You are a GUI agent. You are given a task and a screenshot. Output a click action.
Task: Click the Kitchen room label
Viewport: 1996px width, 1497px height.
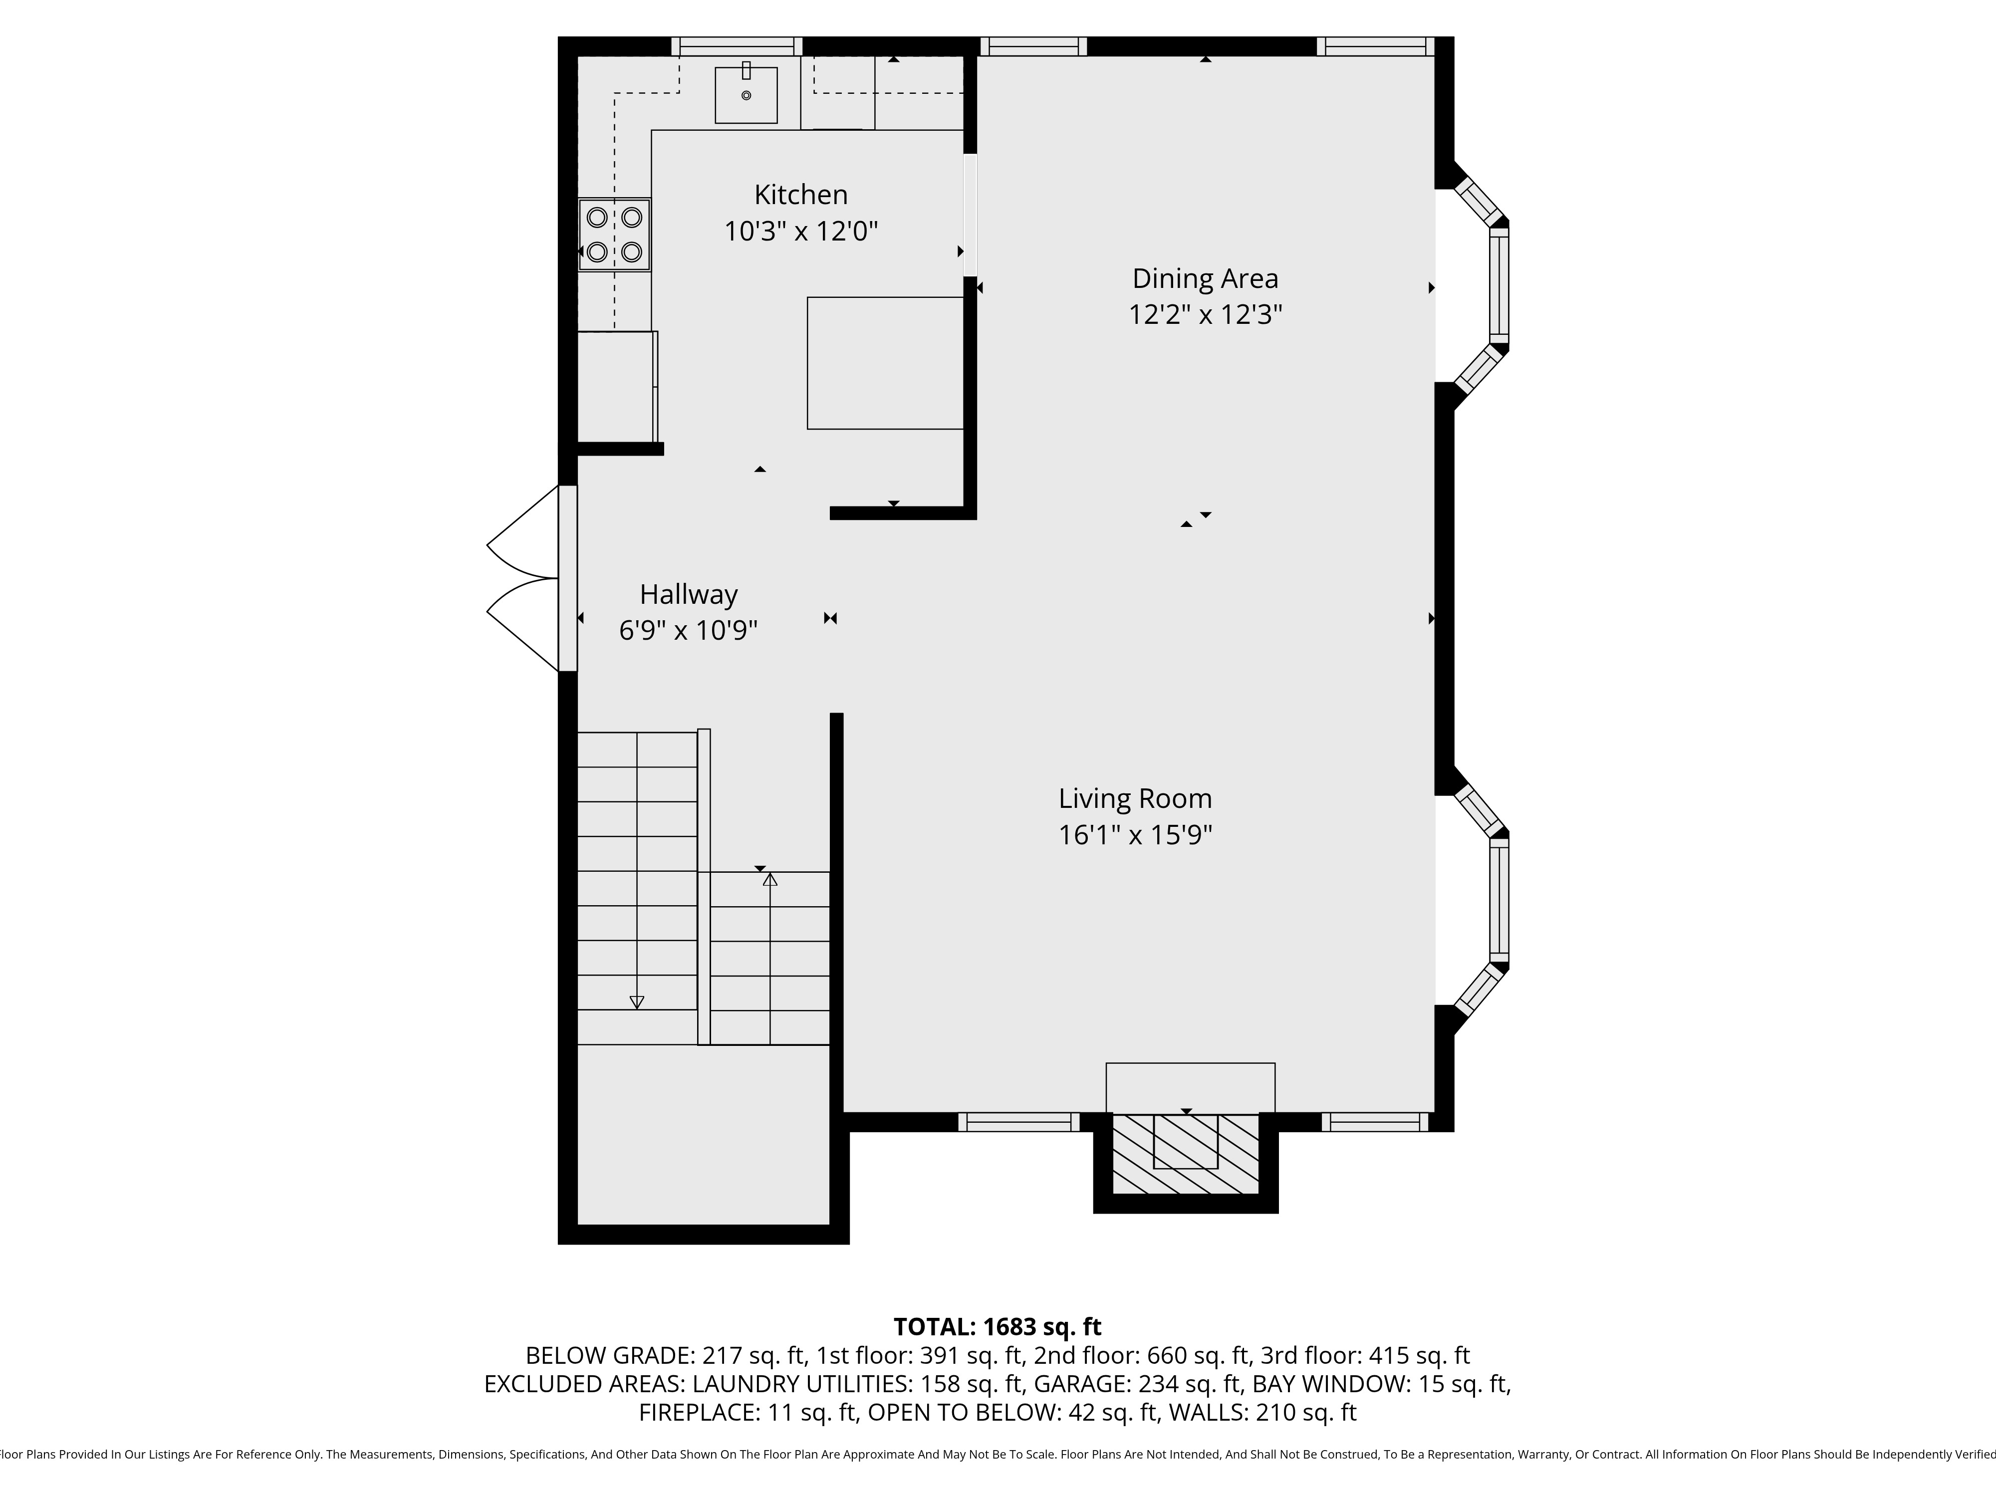point(800,195)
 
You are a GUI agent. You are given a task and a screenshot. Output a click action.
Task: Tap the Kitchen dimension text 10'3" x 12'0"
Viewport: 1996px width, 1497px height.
point(800,232)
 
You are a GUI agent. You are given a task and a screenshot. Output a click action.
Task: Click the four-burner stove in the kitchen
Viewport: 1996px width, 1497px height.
point(614,235)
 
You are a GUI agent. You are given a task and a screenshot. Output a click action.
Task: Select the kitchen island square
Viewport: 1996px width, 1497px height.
point(885,363)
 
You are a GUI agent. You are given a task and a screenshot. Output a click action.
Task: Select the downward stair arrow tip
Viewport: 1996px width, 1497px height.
point(636,1002)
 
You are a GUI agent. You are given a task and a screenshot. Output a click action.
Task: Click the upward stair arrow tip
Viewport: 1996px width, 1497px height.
point(769,878)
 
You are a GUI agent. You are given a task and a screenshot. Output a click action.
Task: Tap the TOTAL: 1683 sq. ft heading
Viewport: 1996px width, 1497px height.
point(997,1326)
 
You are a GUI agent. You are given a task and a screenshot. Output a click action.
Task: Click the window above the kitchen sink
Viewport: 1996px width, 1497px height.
point(737,46)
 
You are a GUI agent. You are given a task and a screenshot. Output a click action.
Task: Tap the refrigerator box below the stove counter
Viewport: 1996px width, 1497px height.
point(616,386)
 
